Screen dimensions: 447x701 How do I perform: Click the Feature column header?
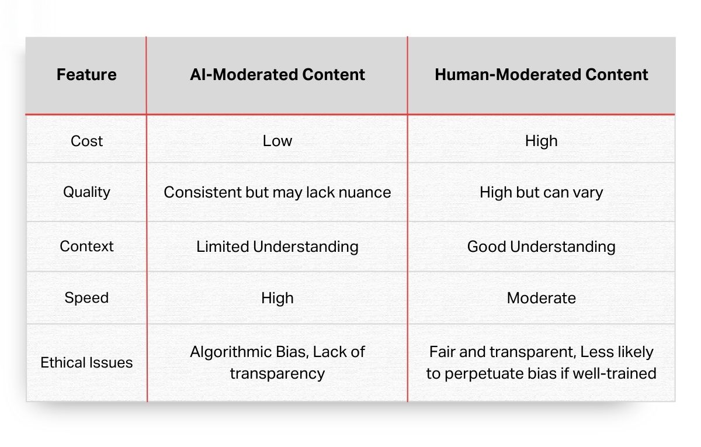(86, 75)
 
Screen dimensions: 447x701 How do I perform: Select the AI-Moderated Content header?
(277, 75)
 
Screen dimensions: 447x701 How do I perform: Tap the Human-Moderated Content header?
(542, 75)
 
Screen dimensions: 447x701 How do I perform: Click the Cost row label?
(86, 141)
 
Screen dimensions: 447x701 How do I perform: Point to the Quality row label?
(86, 192)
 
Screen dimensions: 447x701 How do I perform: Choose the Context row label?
(86, 246)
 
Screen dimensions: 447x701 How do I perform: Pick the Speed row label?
(86, 298)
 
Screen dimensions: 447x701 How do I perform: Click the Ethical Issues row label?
(86, 362)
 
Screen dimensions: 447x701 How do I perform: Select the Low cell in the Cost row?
(277, 141)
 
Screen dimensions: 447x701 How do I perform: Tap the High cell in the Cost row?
(542, 141)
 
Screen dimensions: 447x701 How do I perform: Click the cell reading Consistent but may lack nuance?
(277, 192)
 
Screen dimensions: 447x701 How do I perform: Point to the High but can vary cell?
(542, 192)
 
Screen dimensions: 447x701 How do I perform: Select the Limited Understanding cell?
(277, 246)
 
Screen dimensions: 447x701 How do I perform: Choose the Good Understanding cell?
(542, 246)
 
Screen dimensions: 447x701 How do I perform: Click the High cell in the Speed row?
(277, 298)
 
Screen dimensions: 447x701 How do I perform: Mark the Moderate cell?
(542, 298)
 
